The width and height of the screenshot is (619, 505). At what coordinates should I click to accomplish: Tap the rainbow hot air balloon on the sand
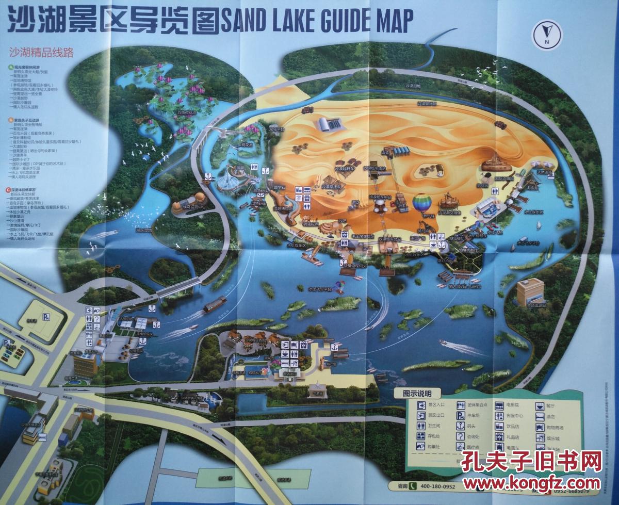[422, 202]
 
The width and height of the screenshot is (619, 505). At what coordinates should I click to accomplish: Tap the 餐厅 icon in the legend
[540, 405]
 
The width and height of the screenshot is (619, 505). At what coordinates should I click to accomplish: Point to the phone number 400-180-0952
[438, 486]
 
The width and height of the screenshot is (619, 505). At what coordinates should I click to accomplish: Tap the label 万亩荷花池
[186, 111]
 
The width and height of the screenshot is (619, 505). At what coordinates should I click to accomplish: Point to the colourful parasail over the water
[340, 284]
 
